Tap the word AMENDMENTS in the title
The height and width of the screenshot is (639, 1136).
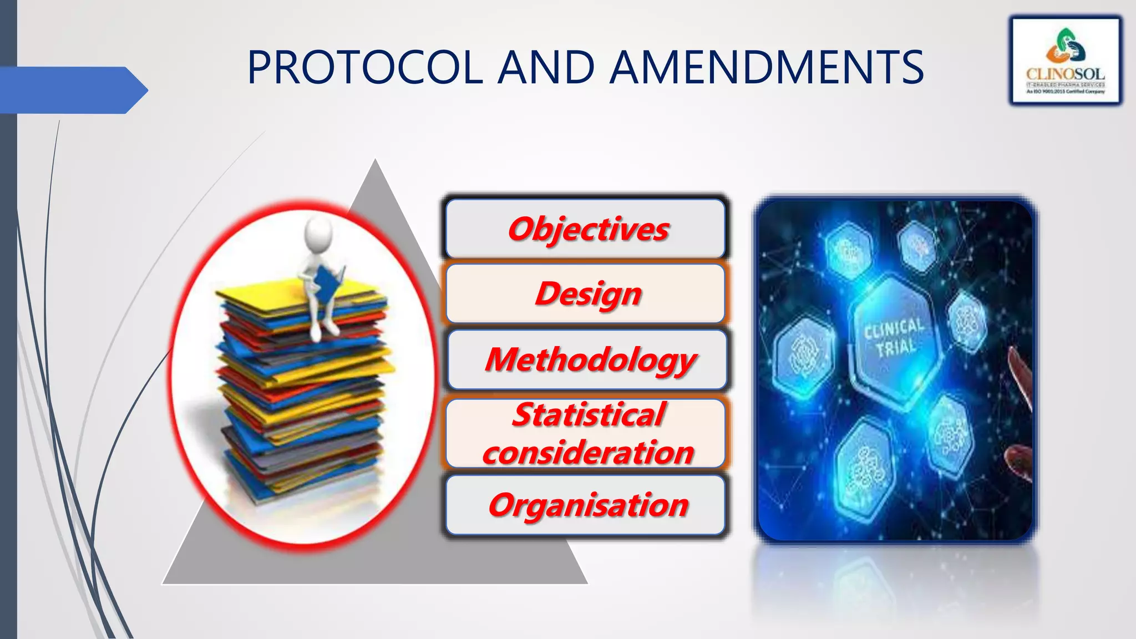click(x=768, y=68)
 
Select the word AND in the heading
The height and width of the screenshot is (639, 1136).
click(x=546, y=68)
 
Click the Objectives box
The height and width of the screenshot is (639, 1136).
click(x=586, y=229)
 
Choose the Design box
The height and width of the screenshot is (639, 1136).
click(x=586, y=293)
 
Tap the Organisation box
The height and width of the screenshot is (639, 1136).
click(x=586, y=505)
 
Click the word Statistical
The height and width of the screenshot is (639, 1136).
click(x=588, y=414)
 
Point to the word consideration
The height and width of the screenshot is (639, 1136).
click(x=588, y=453)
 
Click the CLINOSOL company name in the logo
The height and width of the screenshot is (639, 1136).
click(x=1065, y=74)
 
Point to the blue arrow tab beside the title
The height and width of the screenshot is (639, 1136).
click(x=72, y=90)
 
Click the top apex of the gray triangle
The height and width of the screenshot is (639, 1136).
click(x=376, y=162)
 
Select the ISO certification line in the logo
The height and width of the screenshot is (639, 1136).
click(x=1065, y=92)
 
